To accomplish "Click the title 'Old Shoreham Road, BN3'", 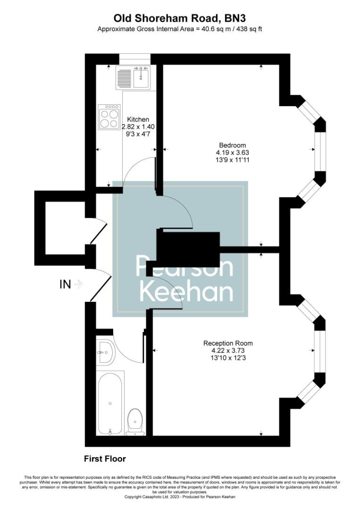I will (180, 18).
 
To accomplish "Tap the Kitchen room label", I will (138, 119).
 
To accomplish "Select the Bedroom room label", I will (232, 145).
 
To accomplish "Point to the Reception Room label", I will (228, 343).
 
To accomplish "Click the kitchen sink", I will (141, 77).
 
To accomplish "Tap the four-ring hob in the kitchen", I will (109, 117).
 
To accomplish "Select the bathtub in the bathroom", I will (110, 404).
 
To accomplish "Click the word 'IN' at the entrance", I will (65, 284).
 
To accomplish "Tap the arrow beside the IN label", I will (79, 284).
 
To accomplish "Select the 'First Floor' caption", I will (105, 459).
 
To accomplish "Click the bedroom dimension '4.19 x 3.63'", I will (232, 153).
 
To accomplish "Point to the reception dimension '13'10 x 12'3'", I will (228, 358).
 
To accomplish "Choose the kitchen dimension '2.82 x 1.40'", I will (138, 127).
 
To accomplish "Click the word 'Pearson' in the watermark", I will (184, 267).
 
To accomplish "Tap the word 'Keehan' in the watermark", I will (187, 293).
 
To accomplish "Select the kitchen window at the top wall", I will (134, 58).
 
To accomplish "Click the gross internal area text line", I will (180, 29).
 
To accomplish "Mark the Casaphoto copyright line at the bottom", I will (180, 497).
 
